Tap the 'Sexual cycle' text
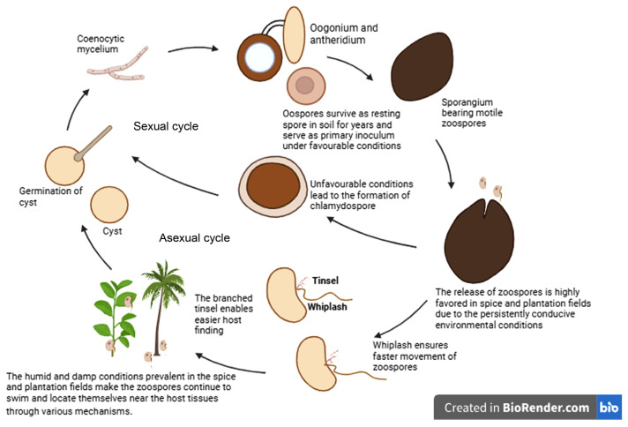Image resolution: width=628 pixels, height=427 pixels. (166, 127)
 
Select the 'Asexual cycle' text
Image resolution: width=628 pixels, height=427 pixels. (194, 238)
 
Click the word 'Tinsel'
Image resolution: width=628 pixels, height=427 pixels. (325, 281)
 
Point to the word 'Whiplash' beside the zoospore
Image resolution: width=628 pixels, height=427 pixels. (329, 308)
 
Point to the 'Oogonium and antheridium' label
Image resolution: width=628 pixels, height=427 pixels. (348, 33)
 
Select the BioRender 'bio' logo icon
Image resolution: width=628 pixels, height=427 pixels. (609, 407)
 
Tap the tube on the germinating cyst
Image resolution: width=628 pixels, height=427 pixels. (93, 143)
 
